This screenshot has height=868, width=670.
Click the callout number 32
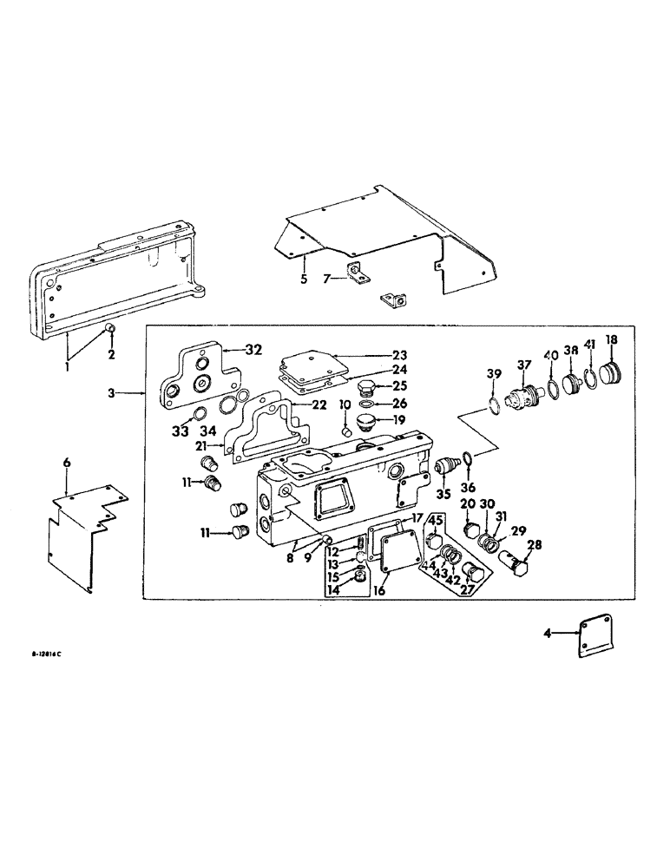253,351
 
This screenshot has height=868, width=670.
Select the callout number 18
611,339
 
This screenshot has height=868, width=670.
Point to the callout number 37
523,364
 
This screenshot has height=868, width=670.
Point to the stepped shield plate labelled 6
78,538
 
